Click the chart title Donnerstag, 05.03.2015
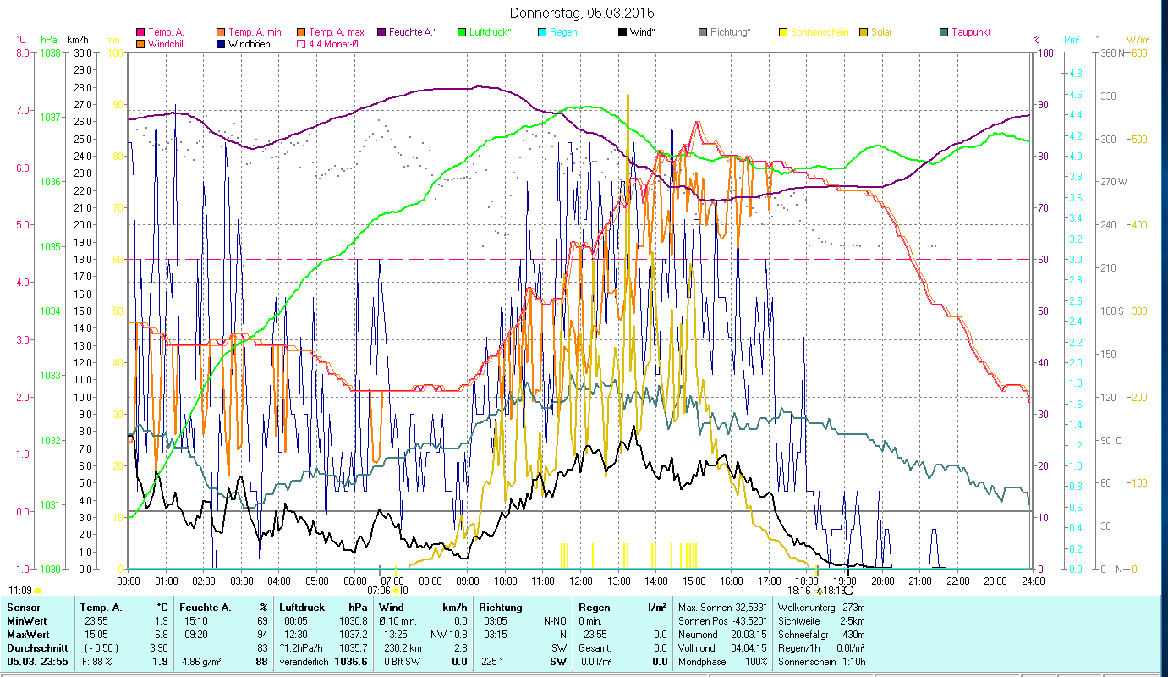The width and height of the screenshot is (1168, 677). pos(583,13)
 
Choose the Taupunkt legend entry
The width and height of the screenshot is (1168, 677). pos(970,32)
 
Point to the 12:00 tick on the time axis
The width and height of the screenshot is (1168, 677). pos(581,581)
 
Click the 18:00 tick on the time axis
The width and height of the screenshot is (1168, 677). pos(807,581)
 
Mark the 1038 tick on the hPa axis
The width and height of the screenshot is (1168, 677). pos(50,52)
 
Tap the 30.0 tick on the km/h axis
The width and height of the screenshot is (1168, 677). pos(83,52)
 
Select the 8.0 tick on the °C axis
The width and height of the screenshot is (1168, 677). pos(20,52)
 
